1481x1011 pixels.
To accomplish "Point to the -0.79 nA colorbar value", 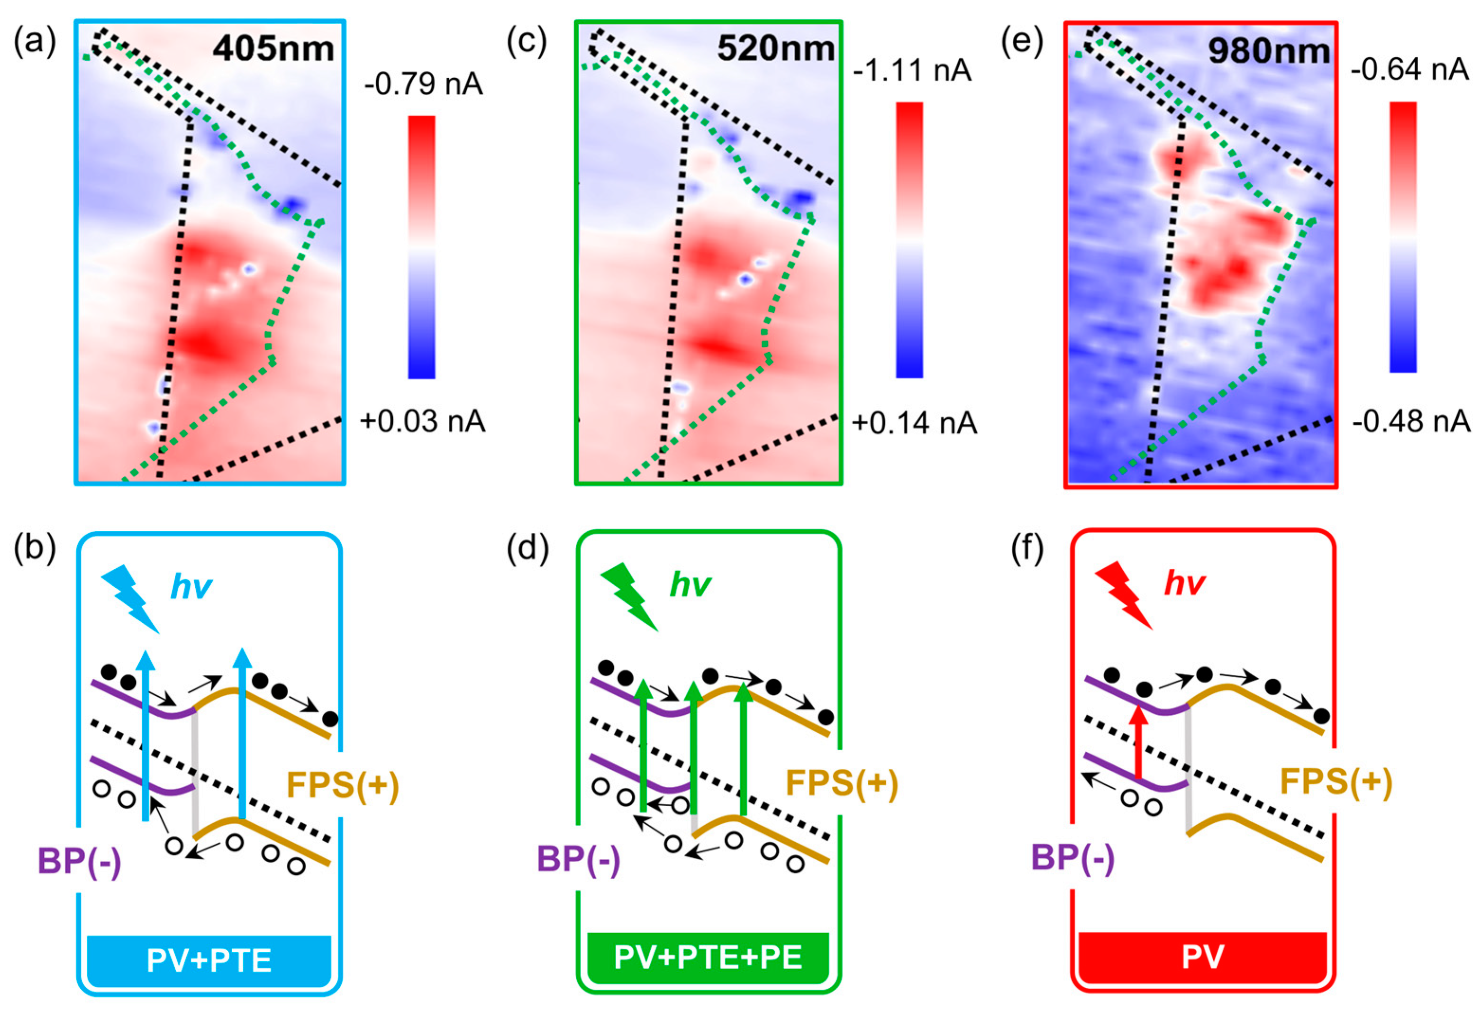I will coord(423,83).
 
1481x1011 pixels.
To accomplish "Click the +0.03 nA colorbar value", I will coord(423,421).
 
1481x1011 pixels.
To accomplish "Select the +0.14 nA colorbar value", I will coord(914,423).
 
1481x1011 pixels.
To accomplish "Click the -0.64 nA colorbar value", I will coord(1409,69).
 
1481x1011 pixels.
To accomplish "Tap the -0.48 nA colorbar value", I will coord(1411,421).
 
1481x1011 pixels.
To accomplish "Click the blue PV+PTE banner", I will coord(209,960).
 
